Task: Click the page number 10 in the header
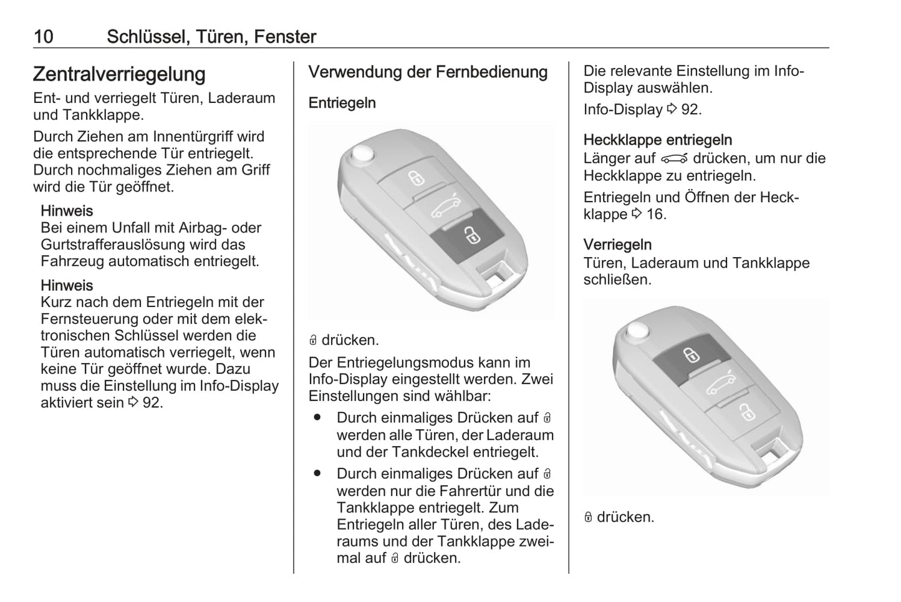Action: [44, 37]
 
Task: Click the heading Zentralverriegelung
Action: [119, 74]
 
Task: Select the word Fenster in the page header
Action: [285, 37]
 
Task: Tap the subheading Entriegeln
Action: [342, 103]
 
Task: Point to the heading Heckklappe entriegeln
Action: [658, 140]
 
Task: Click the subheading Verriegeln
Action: [617, 245]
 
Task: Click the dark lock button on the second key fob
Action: [691, 357]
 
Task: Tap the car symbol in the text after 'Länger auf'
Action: [675, 159]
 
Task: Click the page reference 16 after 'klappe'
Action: [656, 214]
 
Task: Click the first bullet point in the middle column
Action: [317, 417]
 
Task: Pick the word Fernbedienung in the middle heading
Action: [491, 72]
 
